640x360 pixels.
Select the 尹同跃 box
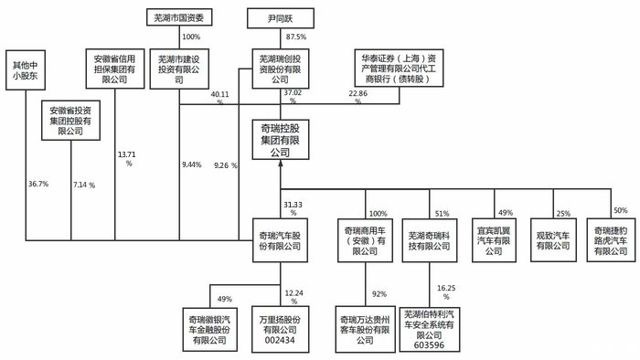[283, 16]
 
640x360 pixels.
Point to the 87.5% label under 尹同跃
[295, 37]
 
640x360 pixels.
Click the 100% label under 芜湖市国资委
[191, 37]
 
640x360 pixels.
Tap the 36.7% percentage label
[37, 185]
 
